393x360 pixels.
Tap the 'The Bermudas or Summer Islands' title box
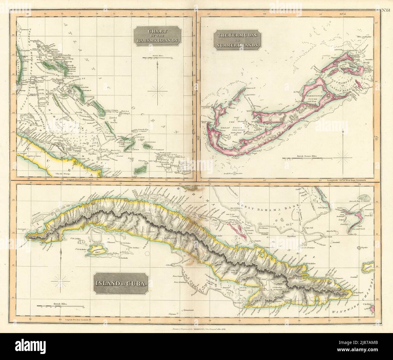pyautogui.click(x=238, y=40)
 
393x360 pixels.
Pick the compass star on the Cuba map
pyautogui.click(x=62, y=283)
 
